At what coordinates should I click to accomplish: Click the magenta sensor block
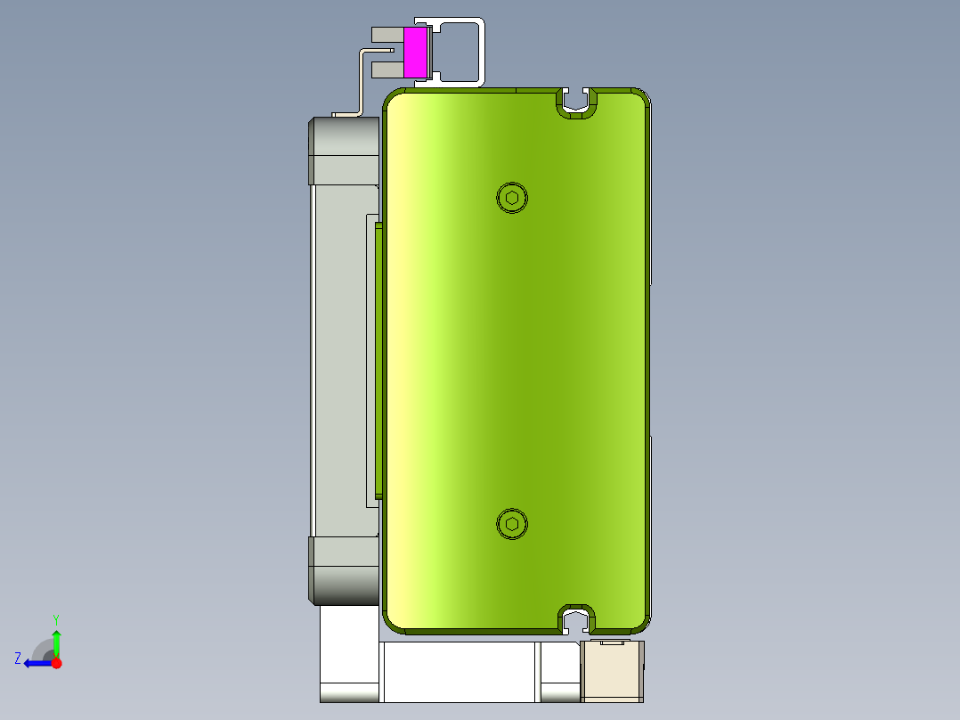point(415,52)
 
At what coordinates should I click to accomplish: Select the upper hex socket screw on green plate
point(511,197)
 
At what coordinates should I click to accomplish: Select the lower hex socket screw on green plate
point(511,524)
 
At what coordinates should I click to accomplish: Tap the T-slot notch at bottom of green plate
point(577,619)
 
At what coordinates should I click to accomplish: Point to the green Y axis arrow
point(56,640)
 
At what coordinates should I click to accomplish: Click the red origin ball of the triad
point(56,663)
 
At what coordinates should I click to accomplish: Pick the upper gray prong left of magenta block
point(386,35)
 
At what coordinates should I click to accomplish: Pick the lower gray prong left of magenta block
point(386,69)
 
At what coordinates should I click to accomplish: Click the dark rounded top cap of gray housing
point(344,138)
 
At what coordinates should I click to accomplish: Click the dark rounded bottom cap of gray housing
point(344,570)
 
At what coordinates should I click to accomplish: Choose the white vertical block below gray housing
point(349,650)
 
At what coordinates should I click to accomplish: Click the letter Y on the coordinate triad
point(55,618)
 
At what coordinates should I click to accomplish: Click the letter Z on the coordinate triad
point(18,658)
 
